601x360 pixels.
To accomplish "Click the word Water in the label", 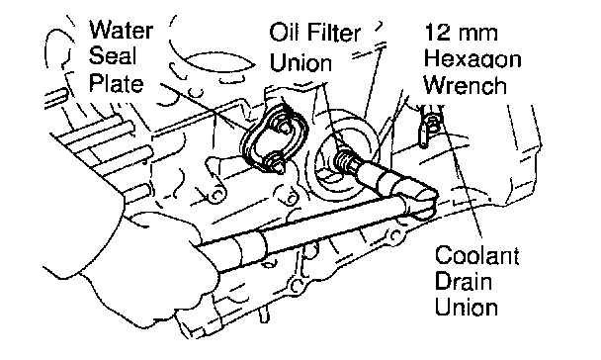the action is pos(122,30).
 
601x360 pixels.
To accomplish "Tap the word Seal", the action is pos(113,56).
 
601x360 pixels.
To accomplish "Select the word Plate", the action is pos(116,83).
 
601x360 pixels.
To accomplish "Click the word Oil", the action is pos(283,33).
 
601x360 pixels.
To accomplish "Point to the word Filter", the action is pos(331,33).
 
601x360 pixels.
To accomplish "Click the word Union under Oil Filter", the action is pos(300,62).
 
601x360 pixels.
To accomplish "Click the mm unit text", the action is pos(477,34).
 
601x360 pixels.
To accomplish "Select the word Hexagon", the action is pos(472,60).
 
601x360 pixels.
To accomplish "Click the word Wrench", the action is pos(466,85).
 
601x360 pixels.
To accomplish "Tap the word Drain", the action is pos(464,281).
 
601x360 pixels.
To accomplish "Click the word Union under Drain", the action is pos(467,308).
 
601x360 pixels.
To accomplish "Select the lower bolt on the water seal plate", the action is pos(276,162).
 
